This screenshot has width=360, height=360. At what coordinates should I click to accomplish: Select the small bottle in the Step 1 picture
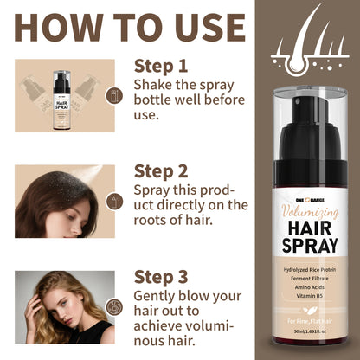[60, 94]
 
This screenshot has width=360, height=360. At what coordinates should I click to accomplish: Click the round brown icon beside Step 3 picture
[112, 307]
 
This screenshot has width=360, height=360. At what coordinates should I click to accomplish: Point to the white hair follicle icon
[309, 43]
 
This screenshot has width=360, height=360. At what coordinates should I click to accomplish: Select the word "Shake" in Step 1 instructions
[153, 85]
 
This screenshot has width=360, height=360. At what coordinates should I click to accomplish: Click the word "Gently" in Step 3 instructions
[156, 295]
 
